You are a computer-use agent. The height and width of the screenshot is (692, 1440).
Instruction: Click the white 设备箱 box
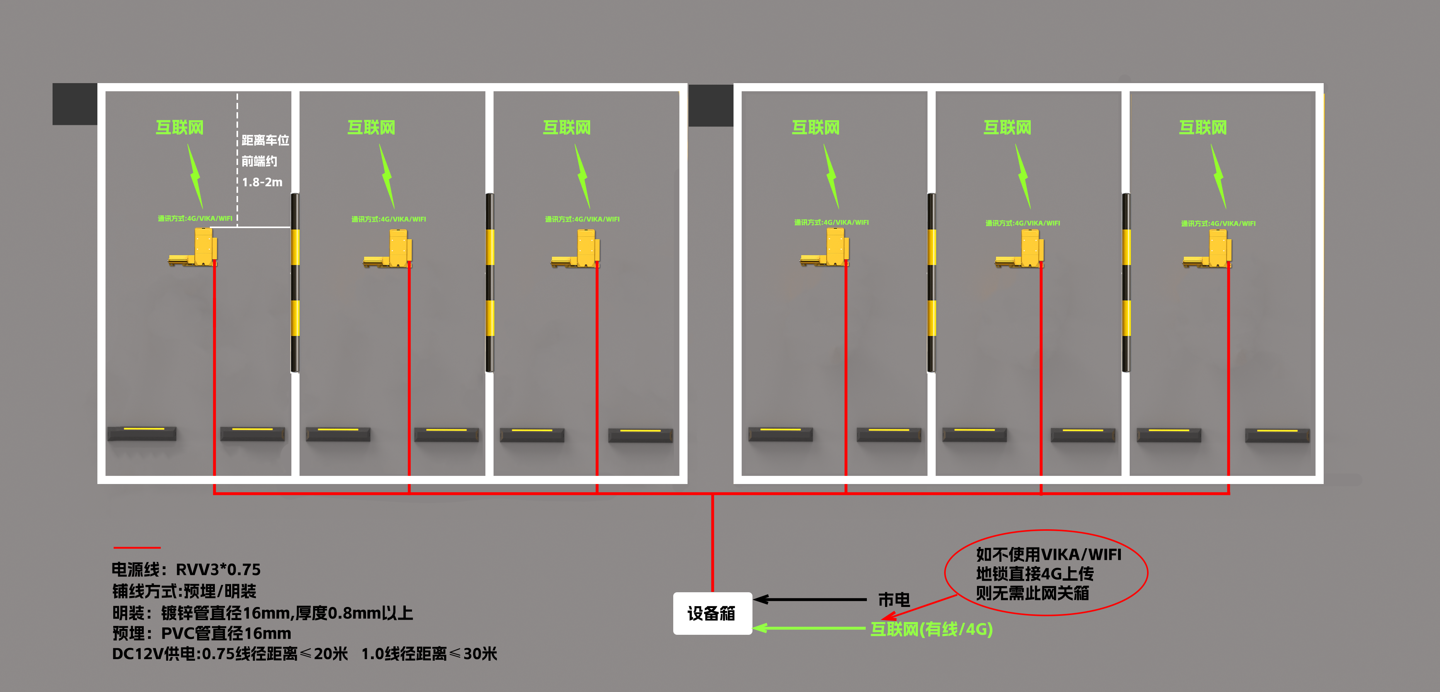712,613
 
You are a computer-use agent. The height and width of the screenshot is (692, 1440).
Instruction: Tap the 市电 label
894,600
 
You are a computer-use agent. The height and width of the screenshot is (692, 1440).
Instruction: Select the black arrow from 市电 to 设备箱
810,600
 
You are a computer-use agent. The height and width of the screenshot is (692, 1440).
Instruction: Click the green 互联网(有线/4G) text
932,629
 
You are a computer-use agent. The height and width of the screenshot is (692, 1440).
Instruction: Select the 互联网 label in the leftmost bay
179,128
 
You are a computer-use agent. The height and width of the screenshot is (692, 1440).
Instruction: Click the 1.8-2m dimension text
262,182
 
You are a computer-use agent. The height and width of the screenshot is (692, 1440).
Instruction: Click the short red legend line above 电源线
137,547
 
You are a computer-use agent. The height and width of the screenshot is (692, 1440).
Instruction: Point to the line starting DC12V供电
305,653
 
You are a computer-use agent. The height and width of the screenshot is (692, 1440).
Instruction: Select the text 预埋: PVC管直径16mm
202,633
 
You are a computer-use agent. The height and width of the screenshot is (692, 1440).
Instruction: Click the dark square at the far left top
75,104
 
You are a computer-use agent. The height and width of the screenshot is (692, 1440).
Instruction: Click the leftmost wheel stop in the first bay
142,434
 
